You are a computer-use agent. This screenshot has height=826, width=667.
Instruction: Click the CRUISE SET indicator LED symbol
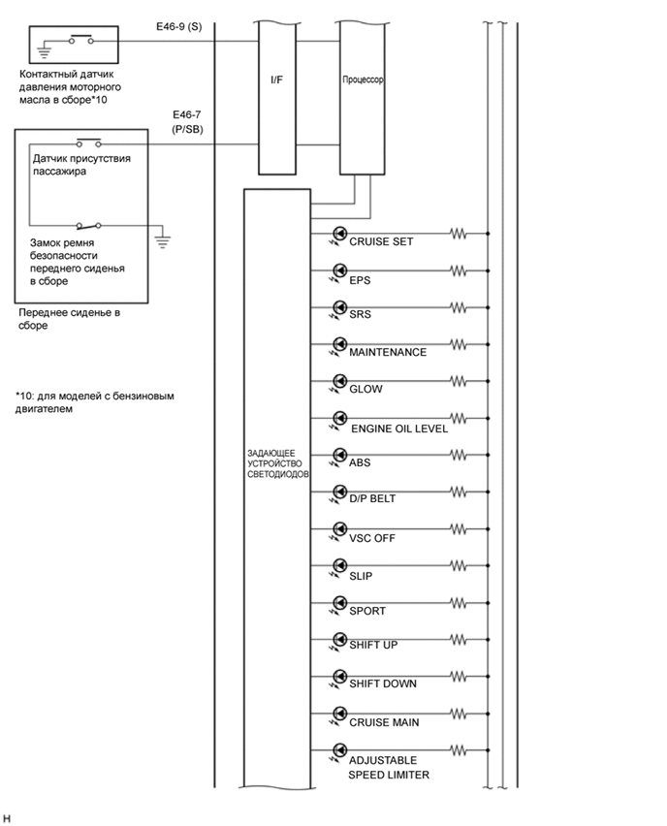[x=339, y=234]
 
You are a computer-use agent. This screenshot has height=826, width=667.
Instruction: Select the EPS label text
[x=360, y=279]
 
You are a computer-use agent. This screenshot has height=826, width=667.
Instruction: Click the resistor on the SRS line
[x=457, y=308]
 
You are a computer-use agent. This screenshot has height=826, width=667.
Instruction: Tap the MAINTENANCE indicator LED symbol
[x=339, y=344]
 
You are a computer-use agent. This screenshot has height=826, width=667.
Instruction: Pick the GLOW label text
[x=365, y=389]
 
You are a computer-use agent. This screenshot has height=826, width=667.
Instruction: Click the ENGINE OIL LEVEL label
[x=398, y=428]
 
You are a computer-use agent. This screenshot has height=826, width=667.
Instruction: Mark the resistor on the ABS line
[x=457, y=455]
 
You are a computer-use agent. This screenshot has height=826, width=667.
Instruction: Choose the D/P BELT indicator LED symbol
[x=339, y=492]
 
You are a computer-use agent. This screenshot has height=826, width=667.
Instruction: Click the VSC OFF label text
[x=372, y=537]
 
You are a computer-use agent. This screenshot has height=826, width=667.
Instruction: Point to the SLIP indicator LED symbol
[x=339, y=567]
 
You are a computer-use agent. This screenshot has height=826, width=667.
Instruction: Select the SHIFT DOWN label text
[x=383, y=683]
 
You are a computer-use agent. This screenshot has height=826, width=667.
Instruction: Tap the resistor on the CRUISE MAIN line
[x=457, y=715]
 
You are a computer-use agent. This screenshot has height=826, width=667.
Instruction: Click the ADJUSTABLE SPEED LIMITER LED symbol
[x=339, y=751]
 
